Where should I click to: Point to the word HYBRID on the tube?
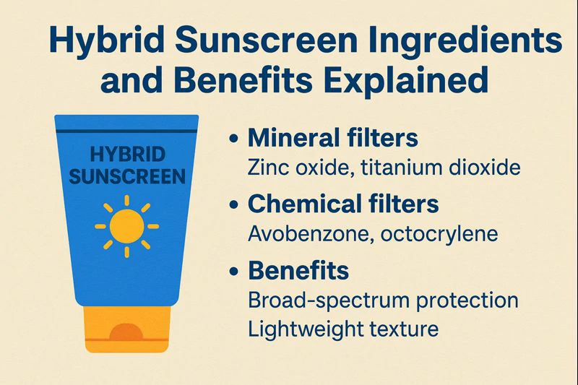126,155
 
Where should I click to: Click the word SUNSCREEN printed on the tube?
126,176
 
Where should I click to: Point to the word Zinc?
265,168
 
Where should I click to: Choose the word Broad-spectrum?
323,300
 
